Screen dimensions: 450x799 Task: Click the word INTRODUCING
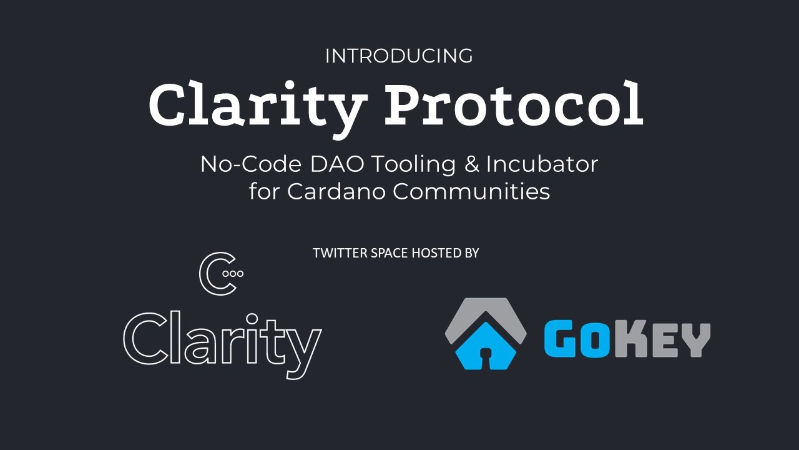click(399, 56)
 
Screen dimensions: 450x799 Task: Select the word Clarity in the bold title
click(255, 105)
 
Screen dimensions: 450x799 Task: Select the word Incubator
click(542, 164)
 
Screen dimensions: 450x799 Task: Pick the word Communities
click(471, 191)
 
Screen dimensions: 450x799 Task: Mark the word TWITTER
click(336, 253)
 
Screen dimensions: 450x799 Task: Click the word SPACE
click(382, 253)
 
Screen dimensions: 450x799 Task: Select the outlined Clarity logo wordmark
click(222, 341)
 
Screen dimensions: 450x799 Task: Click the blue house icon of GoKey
click(485, 346)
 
